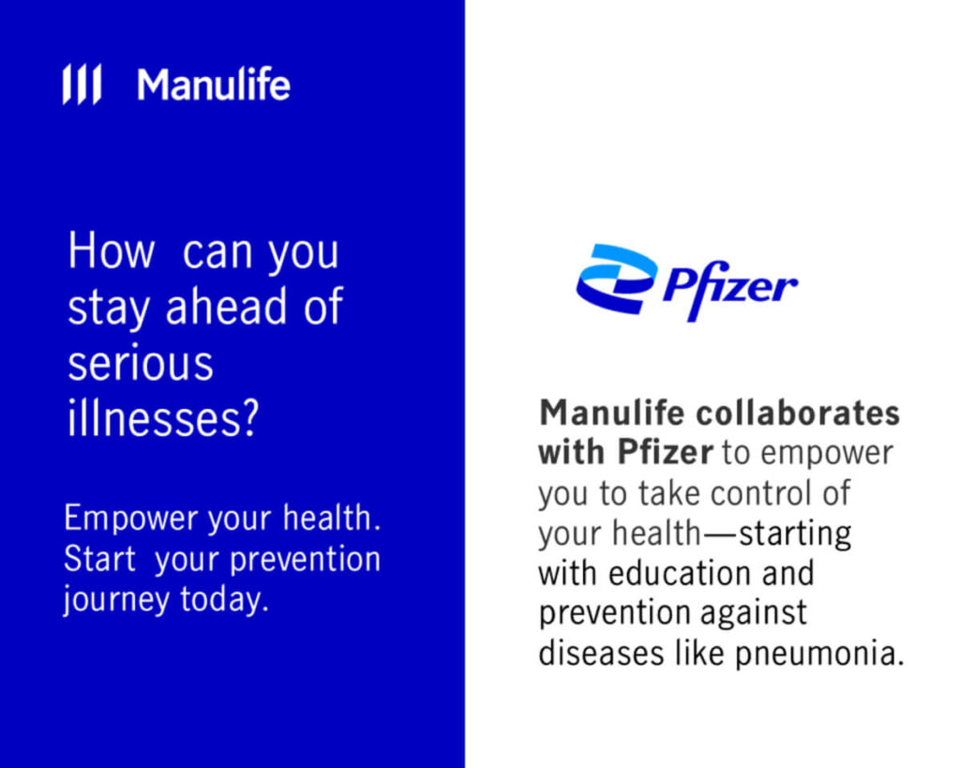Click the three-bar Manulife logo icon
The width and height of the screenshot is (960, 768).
(x=82, y=85)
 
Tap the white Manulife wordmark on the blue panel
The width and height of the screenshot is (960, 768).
(x=214, y=85)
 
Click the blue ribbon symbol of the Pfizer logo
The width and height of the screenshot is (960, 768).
(x=617, y=279)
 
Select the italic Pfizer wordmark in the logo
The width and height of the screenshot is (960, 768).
(x=729, y=284)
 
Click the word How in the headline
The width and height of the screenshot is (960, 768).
(x=112, y=252)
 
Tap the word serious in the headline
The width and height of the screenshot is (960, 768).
(x=141, y=363)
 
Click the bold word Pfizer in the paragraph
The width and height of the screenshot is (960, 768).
(x=666, y=453)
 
